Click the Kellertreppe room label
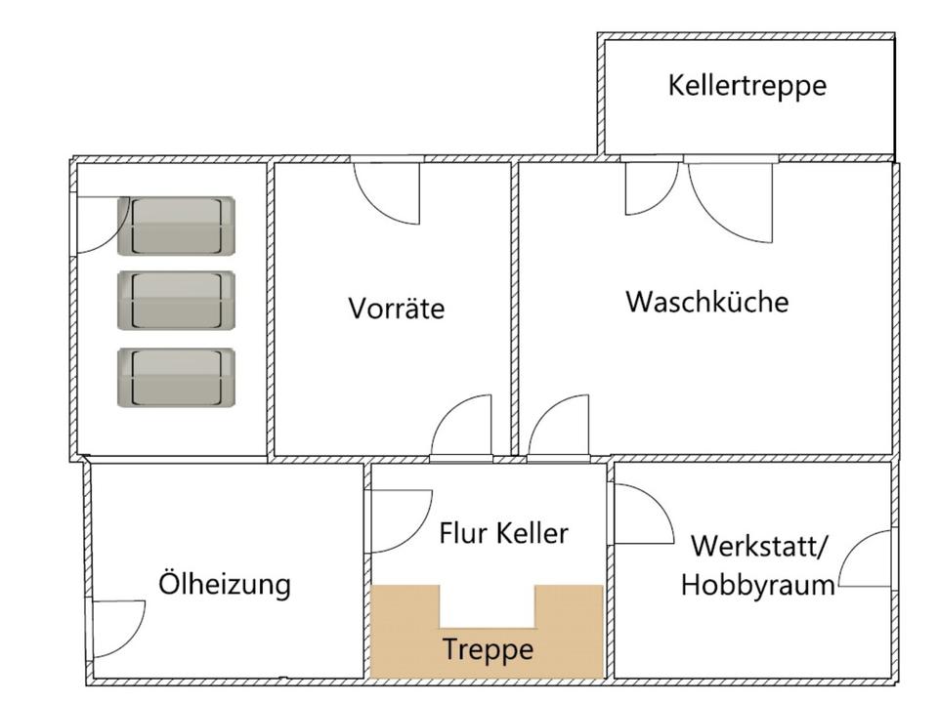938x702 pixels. point(746,85)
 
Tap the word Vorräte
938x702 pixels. point(396,309)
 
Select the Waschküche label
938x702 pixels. point(706,301)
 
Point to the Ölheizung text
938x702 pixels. point(225,584)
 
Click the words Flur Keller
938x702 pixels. point(503,533)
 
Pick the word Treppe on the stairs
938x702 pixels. point(488,648)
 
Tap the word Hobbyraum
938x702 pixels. point(757,585)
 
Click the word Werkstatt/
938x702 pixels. point(758,545)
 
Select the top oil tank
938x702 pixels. point(177,226)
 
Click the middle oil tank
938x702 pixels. point(177,299)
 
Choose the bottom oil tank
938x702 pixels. point(177,377)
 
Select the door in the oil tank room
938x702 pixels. point(101,225)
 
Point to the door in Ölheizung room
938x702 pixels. point(117,629)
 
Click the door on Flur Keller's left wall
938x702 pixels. point(399,519)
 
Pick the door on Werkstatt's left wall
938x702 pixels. point(640,515)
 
